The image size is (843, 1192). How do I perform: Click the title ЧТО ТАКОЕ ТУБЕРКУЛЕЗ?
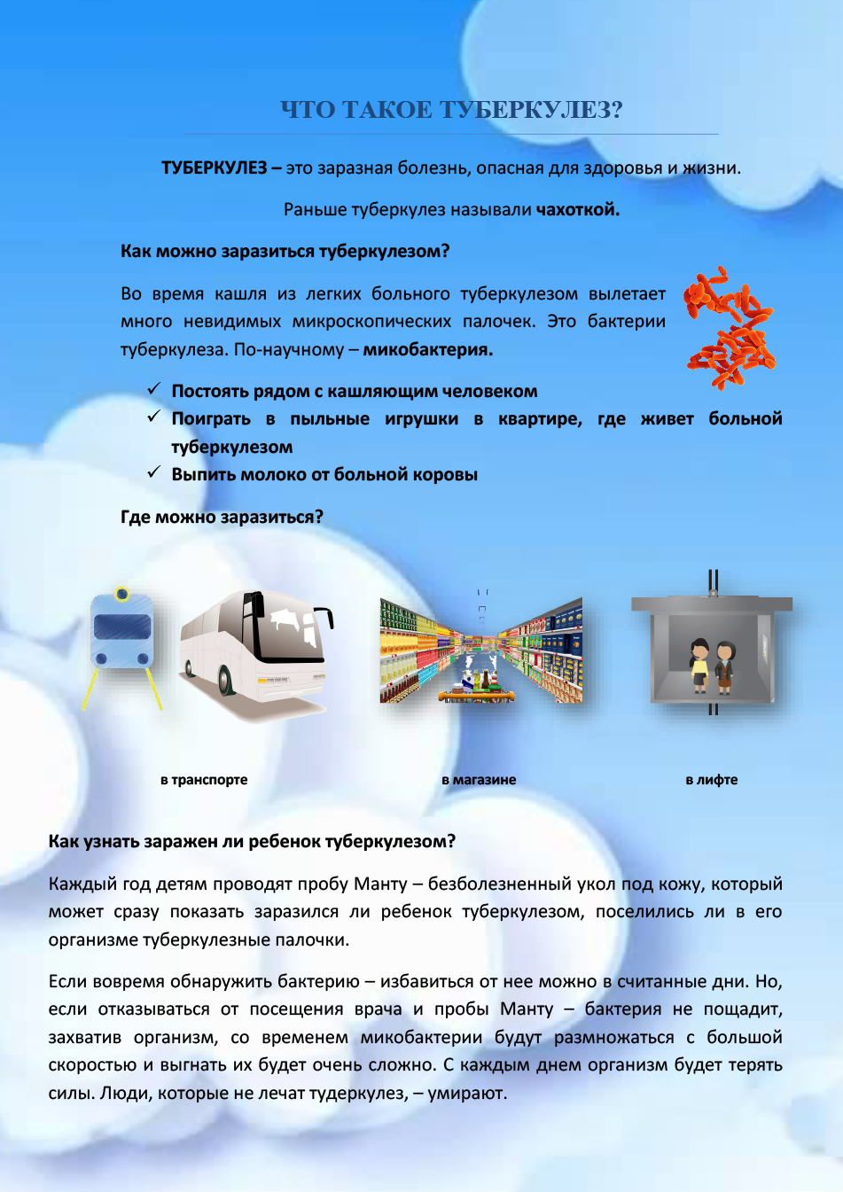[452, 110]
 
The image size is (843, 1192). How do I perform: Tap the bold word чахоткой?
[577, 210]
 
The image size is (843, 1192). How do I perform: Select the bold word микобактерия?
[427, 350]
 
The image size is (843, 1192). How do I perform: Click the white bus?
[256, 647]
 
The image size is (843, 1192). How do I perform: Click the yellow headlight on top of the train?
[122, 594]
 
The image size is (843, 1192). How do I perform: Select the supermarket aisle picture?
[481, 651]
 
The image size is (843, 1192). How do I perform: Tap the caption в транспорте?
[204, 780]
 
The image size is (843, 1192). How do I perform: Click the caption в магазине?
[479, 780]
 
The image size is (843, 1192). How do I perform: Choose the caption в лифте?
[711, 780]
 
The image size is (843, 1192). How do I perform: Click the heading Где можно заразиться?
[222, 518]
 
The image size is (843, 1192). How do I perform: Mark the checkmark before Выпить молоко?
[153, 473]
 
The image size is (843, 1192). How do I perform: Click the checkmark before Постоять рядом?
[153, 390]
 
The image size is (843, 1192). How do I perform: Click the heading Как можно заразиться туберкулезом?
[285, 252]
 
